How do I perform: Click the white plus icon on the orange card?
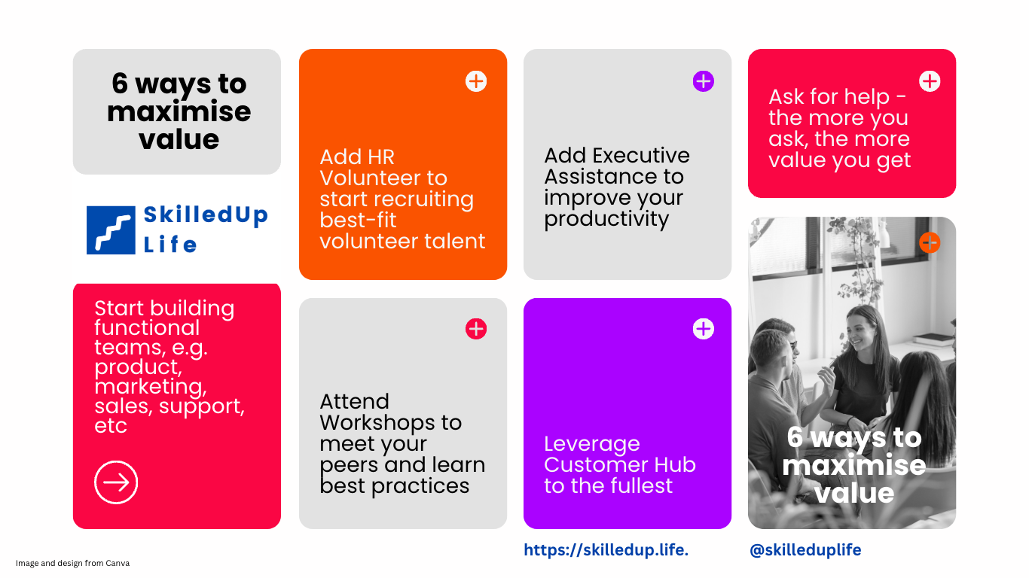coord(476,81)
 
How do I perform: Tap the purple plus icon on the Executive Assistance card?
coord(703,81)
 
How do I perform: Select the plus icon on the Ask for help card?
coord(930,81)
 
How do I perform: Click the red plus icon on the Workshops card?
coord(476,329)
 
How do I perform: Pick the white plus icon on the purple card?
coord(703,329)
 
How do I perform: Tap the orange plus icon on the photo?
coord(930,242)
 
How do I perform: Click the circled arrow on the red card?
coord(116,482)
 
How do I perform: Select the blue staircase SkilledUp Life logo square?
coord(111,230)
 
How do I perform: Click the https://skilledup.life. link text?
coord(606,550)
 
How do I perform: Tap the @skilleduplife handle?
coord(805,550)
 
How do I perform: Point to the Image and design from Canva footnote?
coord(72,563)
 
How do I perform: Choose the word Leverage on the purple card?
coord(592,444)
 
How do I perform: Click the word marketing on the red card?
coord(150,387)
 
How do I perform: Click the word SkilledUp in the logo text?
coord(206,215)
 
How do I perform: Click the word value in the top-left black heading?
coord(179,139)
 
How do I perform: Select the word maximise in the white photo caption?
coord(854,465)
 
